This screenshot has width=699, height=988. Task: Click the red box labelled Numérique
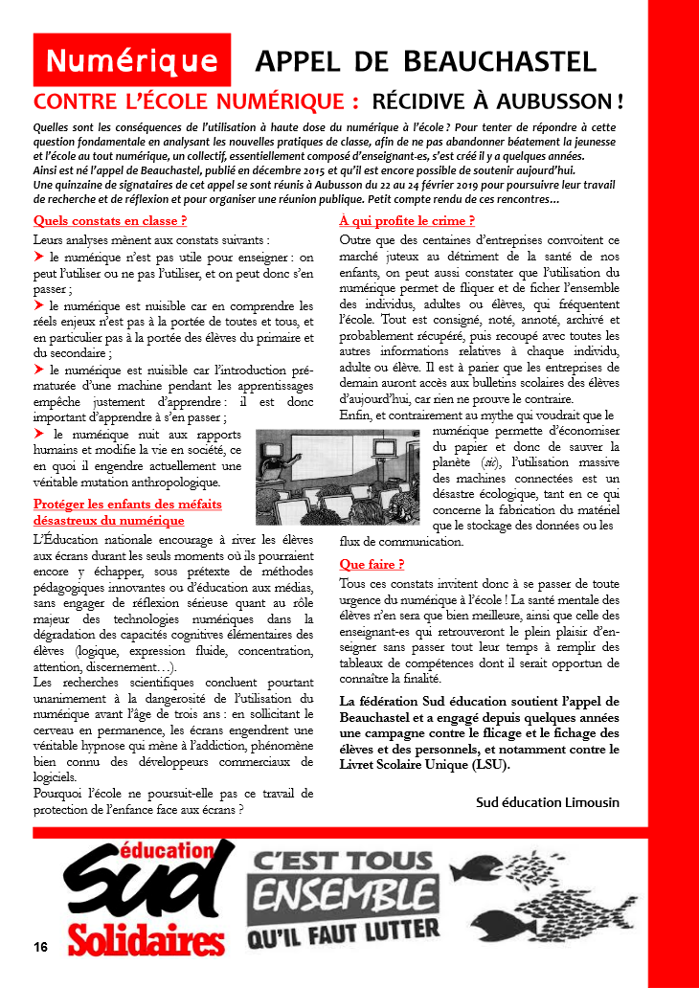tap(132, 60)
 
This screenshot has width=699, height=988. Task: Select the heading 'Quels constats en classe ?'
tap(109, 221)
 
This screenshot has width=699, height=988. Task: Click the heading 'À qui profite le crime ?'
tap(407, 221)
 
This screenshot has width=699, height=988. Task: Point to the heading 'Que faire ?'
tap(372, 565)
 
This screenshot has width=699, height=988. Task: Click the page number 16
tap(39, 947)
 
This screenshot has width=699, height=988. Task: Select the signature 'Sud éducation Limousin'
tap(548, 802)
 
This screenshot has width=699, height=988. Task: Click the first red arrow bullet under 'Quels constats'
tap(39, 258)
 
